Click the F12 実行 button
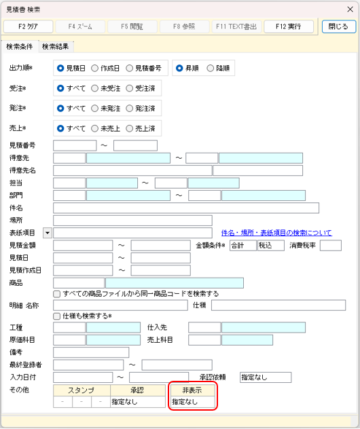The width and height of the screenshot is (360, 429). pyautogui.click(x=289, y=26)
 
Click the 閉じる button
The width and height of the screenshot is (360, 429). pyautogui.click(x=339, y=26)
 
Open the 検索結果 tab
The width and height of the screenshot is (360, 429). pyautogui.click(x=55, y=47)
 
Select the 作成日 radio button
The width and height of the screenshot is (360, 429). pyautogui.click(x=94, y=69)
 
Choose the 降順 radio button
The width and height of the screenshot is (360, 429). pyautogui.click(x=211, y=69)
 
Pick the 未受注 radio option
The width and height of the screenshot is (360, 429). pyautogui.click(x=94, y=88)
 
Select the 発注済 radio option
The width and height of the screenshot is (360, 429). pyautogui.click(x=129, y=109)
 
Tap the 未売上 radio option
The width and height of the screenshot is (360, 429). pyautogui.click(x=94, y=128)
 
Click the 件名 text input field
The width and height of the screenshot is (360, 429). pyautogui.click(x=186, y=208)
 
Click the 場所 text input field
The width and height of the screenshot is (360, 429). pyautogui.click(x=132, y=221)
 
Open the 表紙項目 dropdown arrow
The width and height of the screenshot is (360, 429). pyautogui.click(x=48, y=233)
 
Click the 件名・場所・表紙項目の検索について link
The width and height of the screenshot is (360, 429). pyautogui.click(x=276, y=233)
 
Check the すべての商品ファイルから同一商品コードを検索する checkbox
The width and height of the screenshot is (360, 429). pyautogui.click(x=56, y=294)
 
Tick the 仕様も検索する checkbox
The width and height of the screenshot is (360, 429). pyautogui.click(x=56, y=316)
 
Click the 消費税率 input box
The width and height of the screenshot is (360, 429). pyautogui.click(x=331, y=246)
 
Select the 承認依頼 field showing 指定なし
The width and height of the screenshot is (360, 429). pyautogui.click(x=266, y=377)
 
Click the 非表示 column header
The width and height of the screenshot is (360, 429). pyautogui.click(x=193, y=390)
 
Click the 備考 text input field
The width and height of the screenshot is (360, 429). pyautogui.click(x=91, y=352)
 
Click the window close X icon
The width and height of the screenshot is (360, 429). pyautogui.click(x=350, y=10)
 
